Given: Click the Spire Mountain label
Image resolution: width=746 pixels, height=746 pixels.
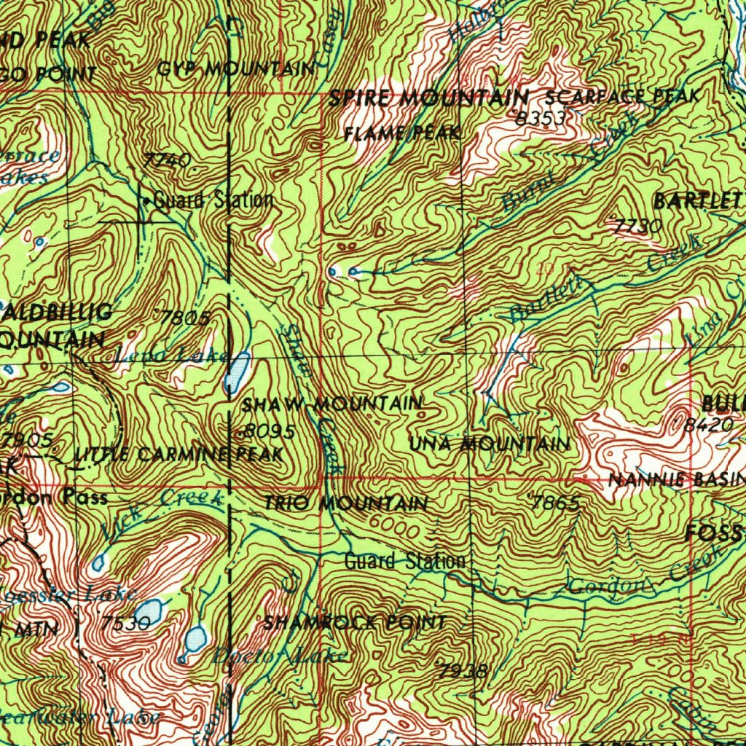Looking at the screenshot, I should [428, 98].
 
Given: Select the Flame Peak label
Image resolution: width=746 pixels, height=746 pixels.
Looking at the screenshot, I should [402, 133].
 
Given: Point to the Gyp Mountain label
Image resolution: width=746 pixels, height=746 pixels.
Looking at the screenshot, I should [236, 69].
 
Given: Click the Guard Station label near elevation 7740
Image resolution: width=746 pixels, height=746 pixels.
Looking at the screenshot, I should [213, 200].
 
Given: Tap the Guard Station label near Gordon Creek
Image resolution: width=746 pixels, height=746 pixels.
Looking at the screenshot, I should [404, 562].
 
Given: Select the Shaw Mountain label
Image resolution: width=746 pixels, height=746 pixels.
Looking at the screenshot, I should [332, 404].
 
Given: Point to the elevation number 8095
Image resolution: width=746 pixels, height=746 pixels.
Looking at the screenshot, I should [268, 432].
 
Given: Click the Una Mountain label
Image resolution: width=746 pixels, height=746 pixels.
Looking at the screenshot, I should [490, 443].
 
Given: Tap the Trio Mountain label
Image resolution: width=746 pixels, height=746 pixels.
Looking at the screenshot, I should [345, 503].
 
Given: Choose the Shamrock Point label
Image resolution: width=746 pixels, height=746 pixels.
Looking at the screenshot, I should [354, 623].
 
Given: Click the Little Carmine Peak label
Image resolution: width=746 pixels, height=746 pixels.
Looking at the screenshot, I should [178, 455].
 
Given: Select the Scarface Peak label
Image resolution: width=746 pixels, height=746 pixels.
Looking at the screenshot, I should [622, 95].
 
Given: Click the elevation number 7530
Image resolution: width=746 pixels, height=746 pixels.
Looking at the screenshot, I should [126, 624].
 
